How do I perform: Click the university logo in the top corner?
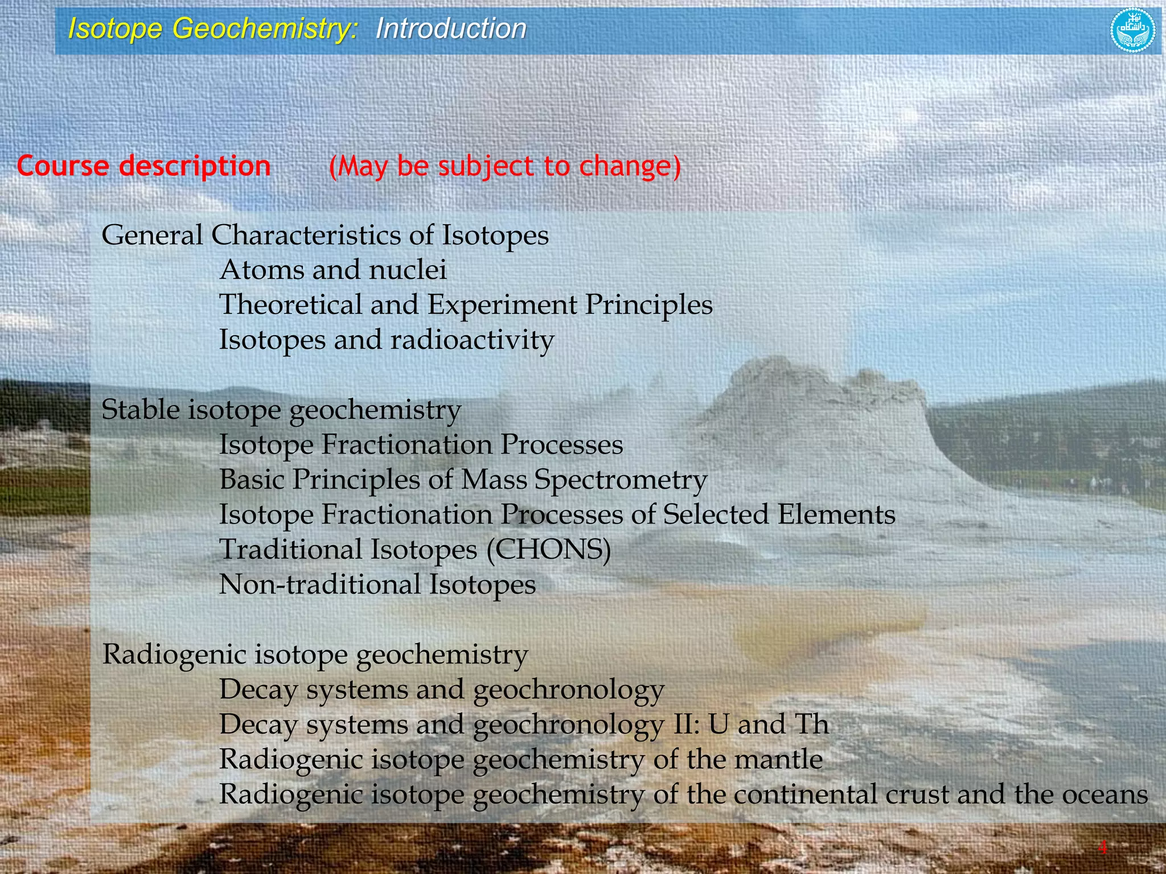(1132, 30)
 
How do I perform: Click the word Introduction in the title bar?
(451, 28)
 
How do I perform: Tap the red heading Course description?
(143, 166)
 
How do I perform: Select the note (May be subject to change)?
(505, 166)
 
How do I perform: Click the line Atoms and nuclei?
(333, 270)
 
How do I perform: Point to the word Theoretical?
(290, 304)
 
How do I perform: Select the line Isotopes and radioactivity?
(387, 340)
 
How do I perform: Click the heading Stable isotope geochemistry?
(281, 410)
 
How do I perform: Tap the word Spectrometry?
(621, 480)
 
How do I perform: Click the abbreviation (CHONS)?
(549, 550)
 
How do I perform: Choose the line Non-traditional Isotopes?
(377, 584)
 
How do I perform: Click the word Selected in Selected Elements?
(715, 514)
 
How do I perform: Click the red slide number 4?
(1103, 848)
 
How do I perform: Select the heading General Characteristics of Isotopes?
(325, 235)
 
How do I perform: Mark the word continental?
(806, 794)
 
